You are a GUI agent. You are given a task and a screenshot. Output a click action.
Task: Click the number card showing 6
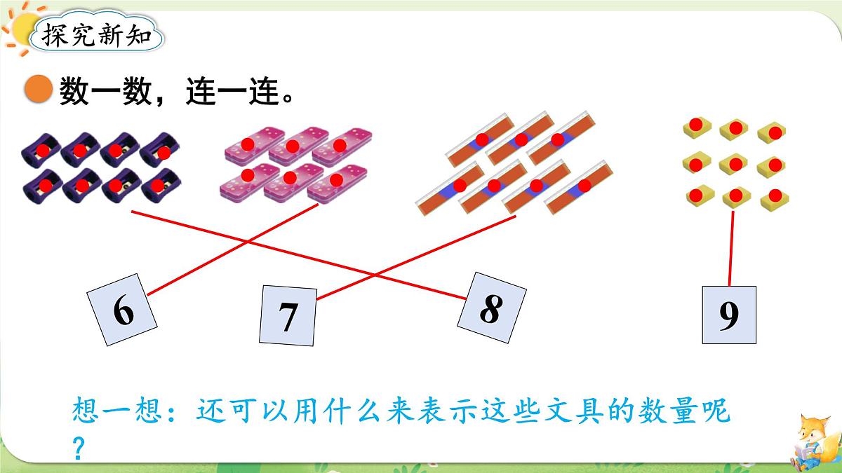122,310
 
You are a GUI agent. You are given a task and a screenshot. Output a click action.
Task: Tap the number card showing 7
288,316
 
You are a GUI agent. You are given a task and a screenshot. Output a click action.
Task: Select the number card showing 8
492,308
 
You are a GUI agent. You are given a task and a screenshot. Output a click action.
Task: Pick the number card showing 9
729,315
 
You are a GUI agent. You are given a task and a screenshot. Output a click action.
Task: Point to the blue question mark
78,449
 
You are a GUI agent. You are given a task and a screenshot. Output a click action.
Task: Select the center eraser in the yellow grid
735,164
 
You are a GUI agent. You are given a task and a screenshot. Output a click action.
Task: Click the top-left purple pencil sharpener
41,150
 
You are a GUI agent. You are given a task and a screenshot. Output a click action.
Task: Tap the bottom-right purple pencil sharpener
161,186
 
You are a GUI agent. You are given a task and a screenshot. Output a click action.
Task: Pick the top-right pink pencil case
342,145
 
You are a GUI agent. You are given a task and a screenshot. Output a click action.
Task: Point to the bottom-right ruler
578,187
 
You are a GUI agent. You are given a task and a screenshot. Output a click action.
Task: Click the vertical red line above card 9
731,249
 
